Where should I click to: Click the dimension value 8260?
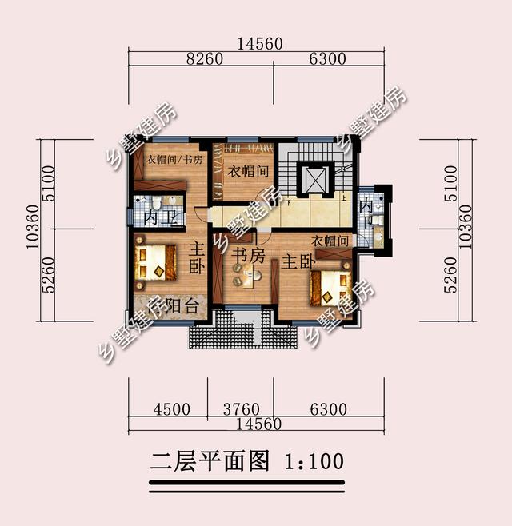tap(205, 59)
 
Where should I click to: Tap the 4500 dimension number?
tap(171, 409)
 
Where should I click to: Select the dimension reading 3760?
tap(241, 409)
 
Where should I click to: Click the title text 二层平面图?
tap(210, 461)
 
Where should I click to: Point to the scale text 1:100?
tap(314, 461)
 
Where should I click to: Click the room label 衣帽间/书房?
tap(174, 160)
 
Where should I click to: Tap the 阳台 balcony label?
tap(182, 306)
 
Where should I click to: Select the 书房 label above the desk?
tap(248, 256)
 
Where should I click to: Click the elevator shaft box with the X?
tap(315, 180)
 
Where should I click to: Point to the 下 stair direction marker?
tap(288, 203)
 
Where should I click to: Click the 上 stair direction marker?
tap(344, 198)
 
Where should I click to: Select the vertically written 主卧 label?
tap(197, 258)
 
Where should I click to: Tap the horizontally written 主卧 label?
tap(298, 262)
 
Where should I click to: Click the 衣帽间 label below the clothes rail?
tap(248, 172)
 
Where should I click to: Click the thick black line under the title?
tap(246, 483)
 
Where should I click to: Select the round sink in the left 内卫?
tap(173, 201)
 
